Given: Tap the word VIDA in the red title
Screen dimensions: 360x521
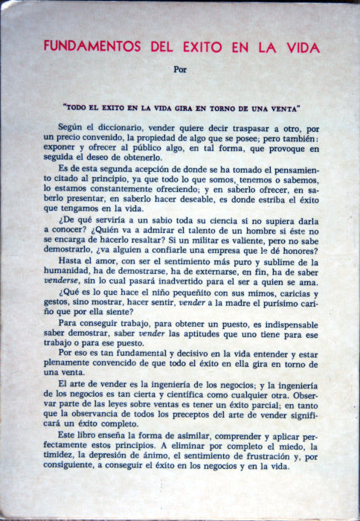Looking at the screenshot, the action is tap(301, 48).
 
